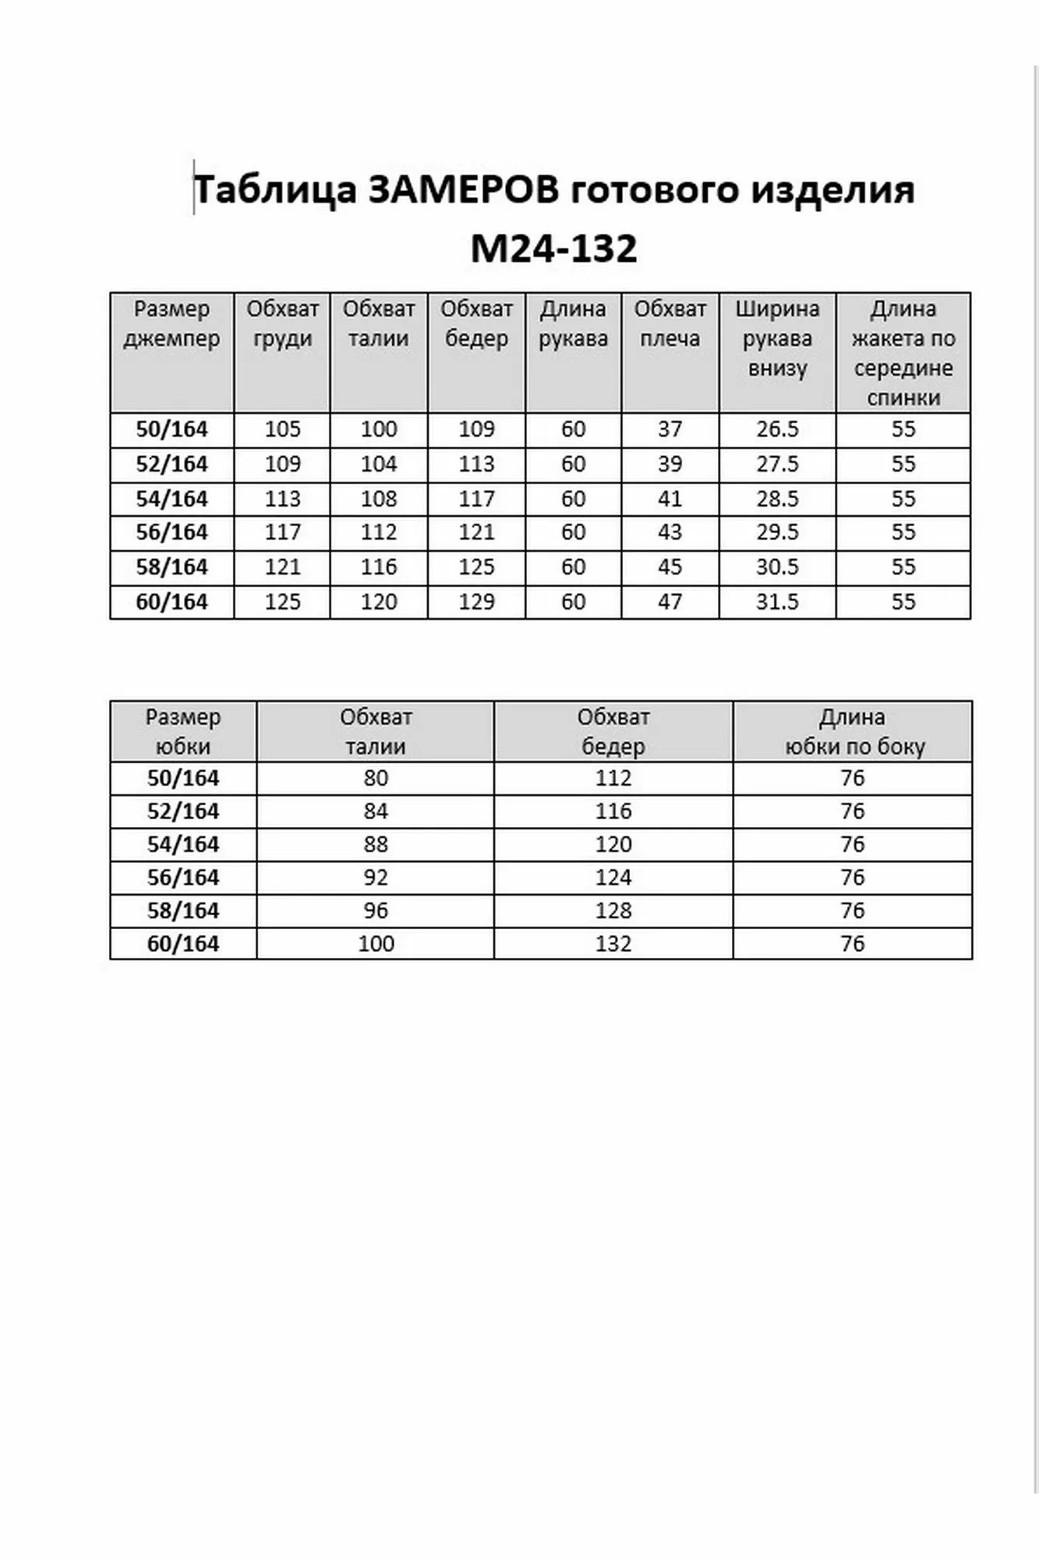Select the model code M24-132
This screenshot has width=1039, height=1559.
[554, 248]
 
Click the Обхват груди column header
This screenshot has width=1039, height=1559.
[282, 323]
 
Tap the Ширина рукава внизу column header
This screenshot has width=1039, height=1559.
[777, 338]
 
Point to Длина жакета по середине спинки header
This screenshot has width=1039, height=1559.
[903, 353]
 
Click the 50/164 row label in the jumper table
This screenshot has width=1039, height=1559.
[171, 430]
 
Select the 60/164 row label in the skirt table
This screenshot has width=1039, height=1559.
[183, 944]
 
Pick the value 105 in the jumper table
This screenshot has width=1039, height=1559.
[282, 430]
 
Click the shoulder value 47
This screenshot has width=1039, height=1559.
[670, 602]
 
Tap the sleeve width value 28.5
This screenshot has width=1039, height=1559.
[777, 499]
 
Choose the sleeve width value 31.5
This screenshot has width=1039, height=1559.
[777, 602]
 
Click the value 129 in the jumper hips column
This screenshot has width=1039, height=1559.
[476, 602]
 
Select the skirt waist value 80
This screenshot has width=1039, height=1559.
[376, 778]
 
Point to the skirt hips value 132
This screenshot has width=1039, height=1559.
[613, 944]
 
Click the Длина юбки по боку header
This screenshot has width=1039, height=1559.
[853, 731]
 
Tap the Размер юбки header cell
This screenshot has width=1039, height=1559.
[183, 731]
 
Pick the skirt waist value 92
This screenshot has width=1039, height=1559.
[376, 878]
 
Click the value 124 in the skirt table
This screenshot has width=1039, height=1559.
[613, 878]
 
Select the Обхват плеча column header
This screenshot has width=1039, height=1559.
[670, 323]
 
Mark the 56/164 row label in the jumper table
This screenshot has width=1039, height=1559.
[171, 532]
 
